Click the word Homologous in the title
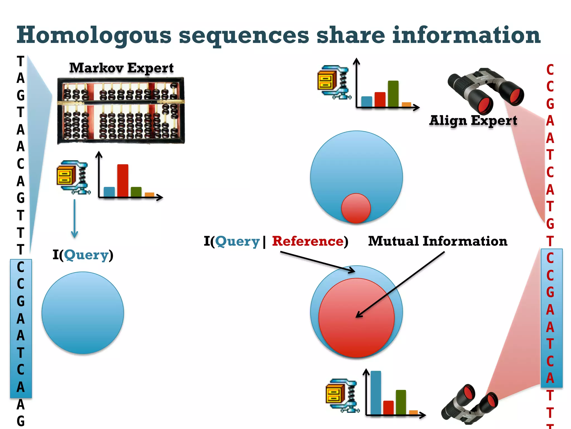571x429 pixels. coord(94,36)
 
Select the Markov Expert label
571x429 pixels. coord(121,68)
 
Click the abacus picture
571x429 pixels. coord(121,111)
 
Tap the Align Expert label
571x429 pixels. coord(473,121)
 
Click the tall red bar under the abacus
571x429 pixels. coord(123,180)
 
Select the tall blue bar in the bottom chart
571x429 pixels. coord(376,392)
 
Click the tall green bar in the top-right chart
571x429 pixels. coord(393,94)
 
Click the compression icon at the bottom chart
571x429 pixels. coord(342,395)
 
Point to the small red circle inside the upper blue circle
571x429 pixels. coord(356,208)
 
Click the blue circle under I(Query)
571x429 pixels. coord(83,313)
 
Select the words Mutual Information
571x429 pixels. coord(437,241)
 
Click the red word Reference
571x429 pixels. coord(308,241)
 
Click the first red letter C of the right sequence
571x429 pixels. coord(550,70)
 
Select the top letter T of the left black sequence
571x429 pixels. coord(21,61)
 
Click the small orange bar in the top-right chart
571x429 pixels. coord(406,104)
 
